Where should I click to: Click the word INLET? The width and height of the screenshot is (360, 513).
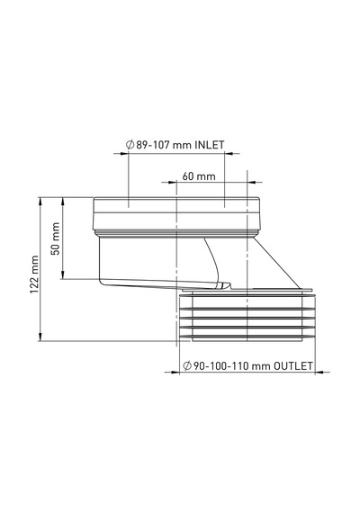(x=210, y=145)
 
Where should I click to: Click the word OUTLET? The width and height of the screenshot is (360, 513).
(x=292, y=365)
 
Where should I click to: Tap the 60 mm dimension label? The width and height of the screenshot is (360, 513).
(x=199, y=176)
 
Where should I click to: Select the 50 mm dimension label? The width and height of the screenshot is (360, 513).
(x=56, y=238)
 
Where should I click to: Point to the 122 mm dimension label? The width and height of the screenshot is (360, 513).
(x=34, y=274)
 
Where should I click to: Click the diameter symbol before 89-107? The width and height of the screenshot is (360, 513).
(x=130, y=145)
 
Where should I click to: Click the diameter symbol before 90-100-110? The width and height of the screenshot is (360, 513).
(x=187, y=365)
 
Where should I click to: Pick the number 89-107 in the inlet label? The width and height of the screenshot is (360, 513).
(x=152, y=145)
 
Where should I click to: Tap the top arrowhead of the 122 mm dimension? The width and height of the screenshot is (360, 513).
(x=40, y=202)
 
